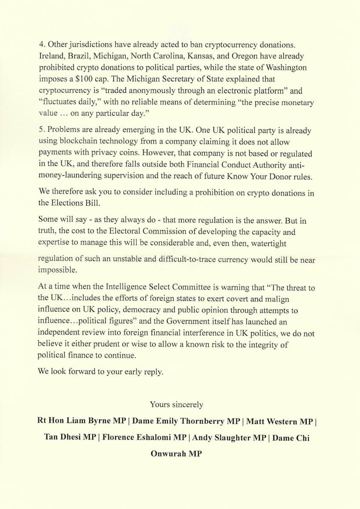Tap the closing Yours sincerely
click(177, 405)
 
